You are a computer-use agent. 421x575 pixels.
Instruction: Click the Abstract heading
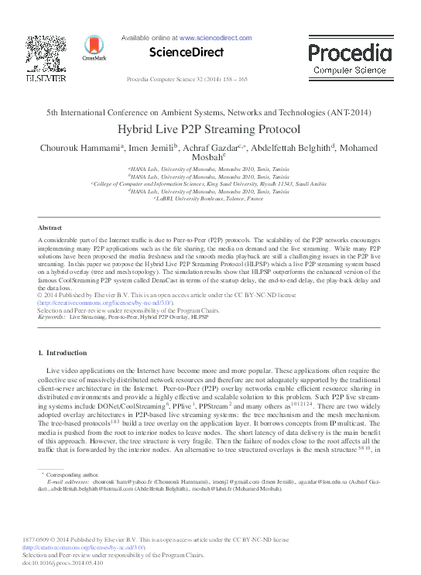point(50,228)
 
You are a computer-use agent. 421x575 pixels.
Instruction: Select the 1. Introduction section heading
point(63,352)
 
